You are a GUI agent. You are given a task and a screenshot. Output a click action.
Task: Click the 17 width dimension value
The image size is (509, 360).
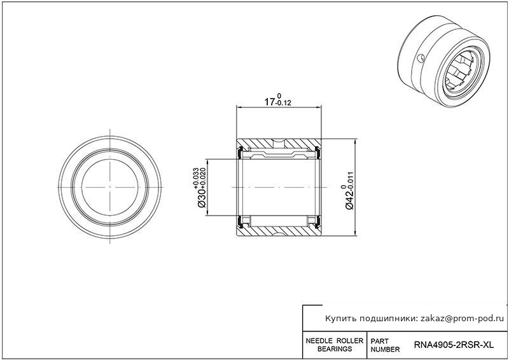(269, 102)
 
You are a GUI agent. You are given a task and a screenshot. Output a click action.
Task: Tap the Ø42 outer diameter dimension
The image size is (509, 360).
(349, 199)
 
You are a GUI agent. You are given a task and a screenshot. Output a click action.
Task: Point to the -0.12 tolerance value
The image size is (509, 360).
(283, 104)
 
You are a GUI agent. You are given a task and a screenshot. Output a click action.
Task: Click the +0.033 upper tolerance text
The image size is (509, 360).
(196, 177)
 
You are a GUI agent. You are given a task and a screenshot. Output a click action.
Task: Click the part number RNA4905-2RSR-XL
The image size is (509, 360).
(453, 345)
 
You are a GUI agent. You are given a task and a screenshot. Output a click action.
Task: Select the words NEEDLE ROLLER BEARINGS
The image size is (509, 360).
(335, 345)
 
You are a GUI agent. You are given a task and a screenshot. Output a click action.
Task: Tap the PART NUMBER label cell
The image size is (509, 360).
(385, 345)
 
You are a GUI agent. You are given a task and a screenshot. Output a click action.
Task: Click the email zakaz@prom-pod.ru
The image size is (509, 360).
(463, 319)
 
